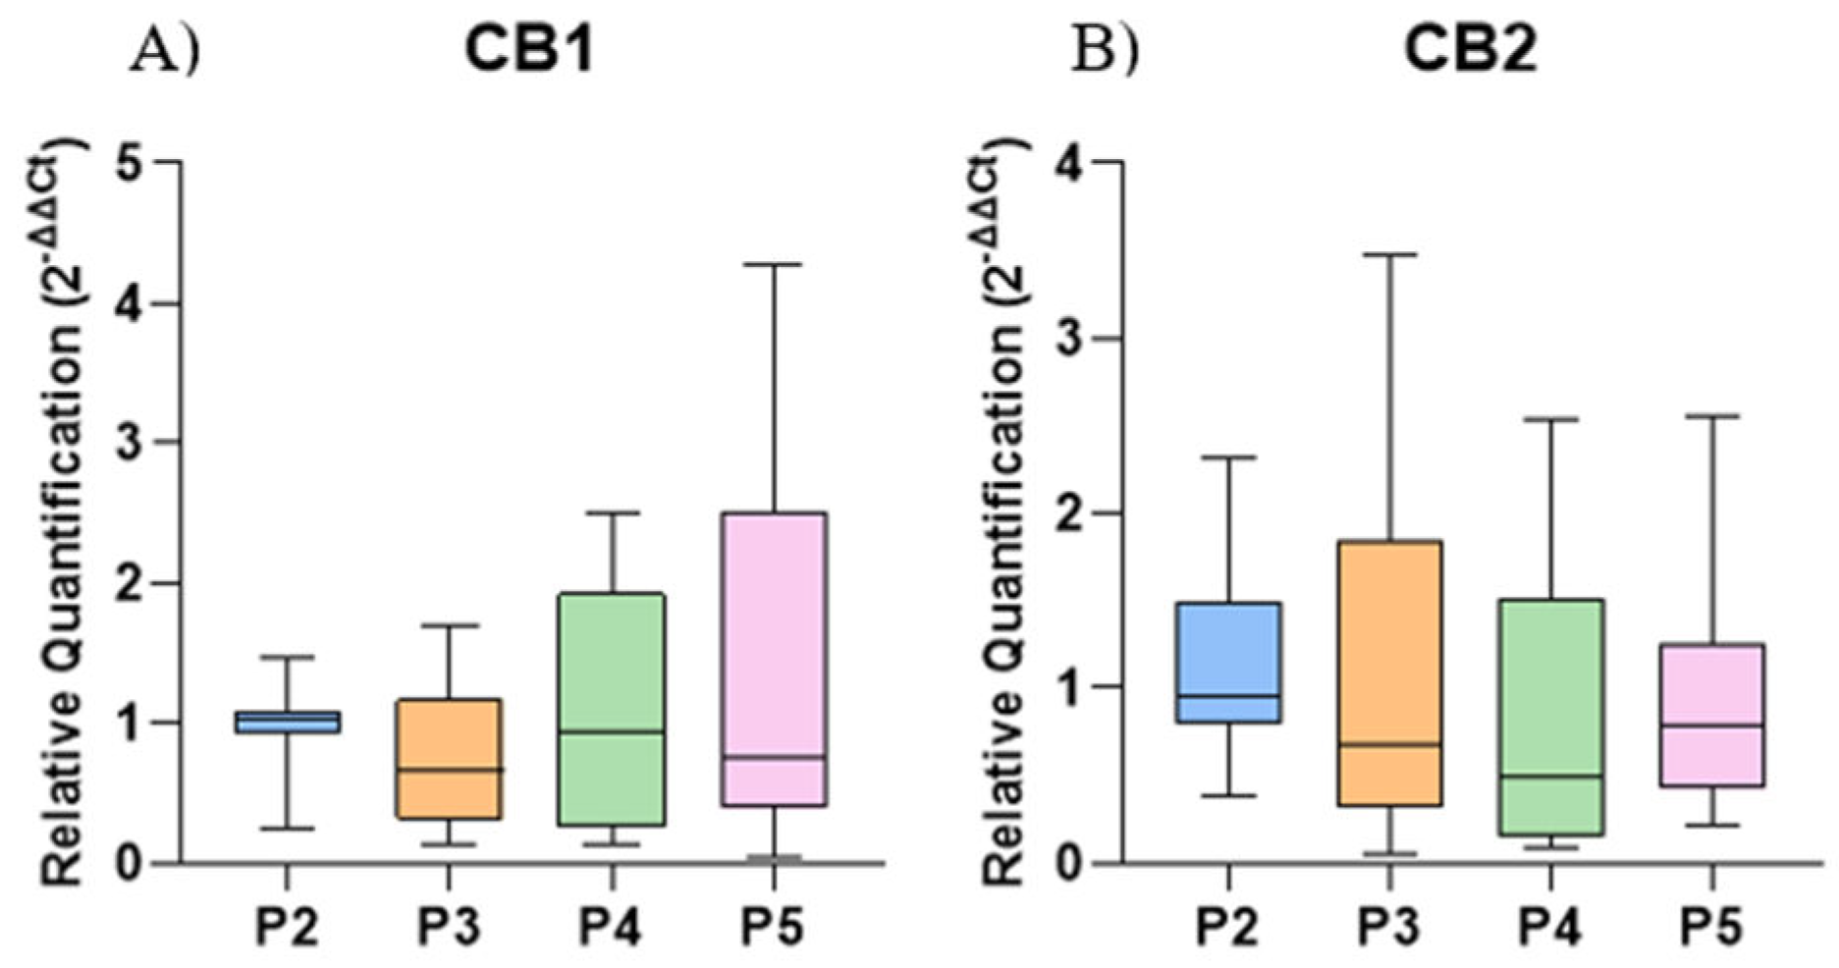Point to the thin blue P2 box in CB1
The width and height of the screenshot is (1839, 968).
(x=287, y=722)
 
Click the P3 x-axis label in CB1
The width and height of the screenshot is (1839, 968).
(x=449, y=925)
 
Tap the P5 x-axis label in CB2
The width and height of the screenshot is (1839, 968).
(x=1712, y=925)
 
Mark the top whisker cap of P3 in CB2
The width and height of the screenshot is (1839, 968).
(x=1389, y=254)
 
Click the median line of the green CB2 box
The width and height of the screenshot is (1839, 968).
(x=1551, y=776)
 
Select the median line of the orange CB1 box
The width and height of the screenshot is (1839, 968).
(x=449, y=770)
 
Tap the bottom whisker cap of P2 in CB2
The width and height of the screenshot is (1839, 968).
(x=1228, y=795)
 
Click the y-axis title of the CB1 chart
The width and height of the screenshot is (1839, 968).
(x=61, y=511)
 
